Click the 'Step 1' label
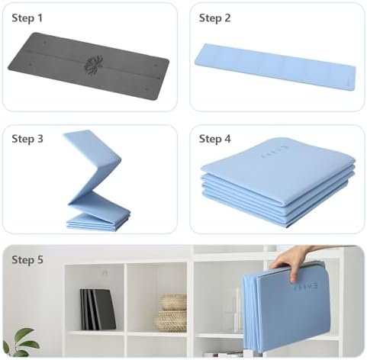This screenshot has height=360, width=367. point(27,17)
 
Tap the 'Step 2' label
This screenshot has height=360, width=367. point(214,17)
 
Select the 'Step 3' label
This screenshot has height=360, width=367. point(27,139)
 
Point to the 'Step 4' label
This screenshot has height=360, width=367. point(214,139)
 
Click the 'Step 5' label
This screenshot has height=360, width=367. point(27,260)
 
